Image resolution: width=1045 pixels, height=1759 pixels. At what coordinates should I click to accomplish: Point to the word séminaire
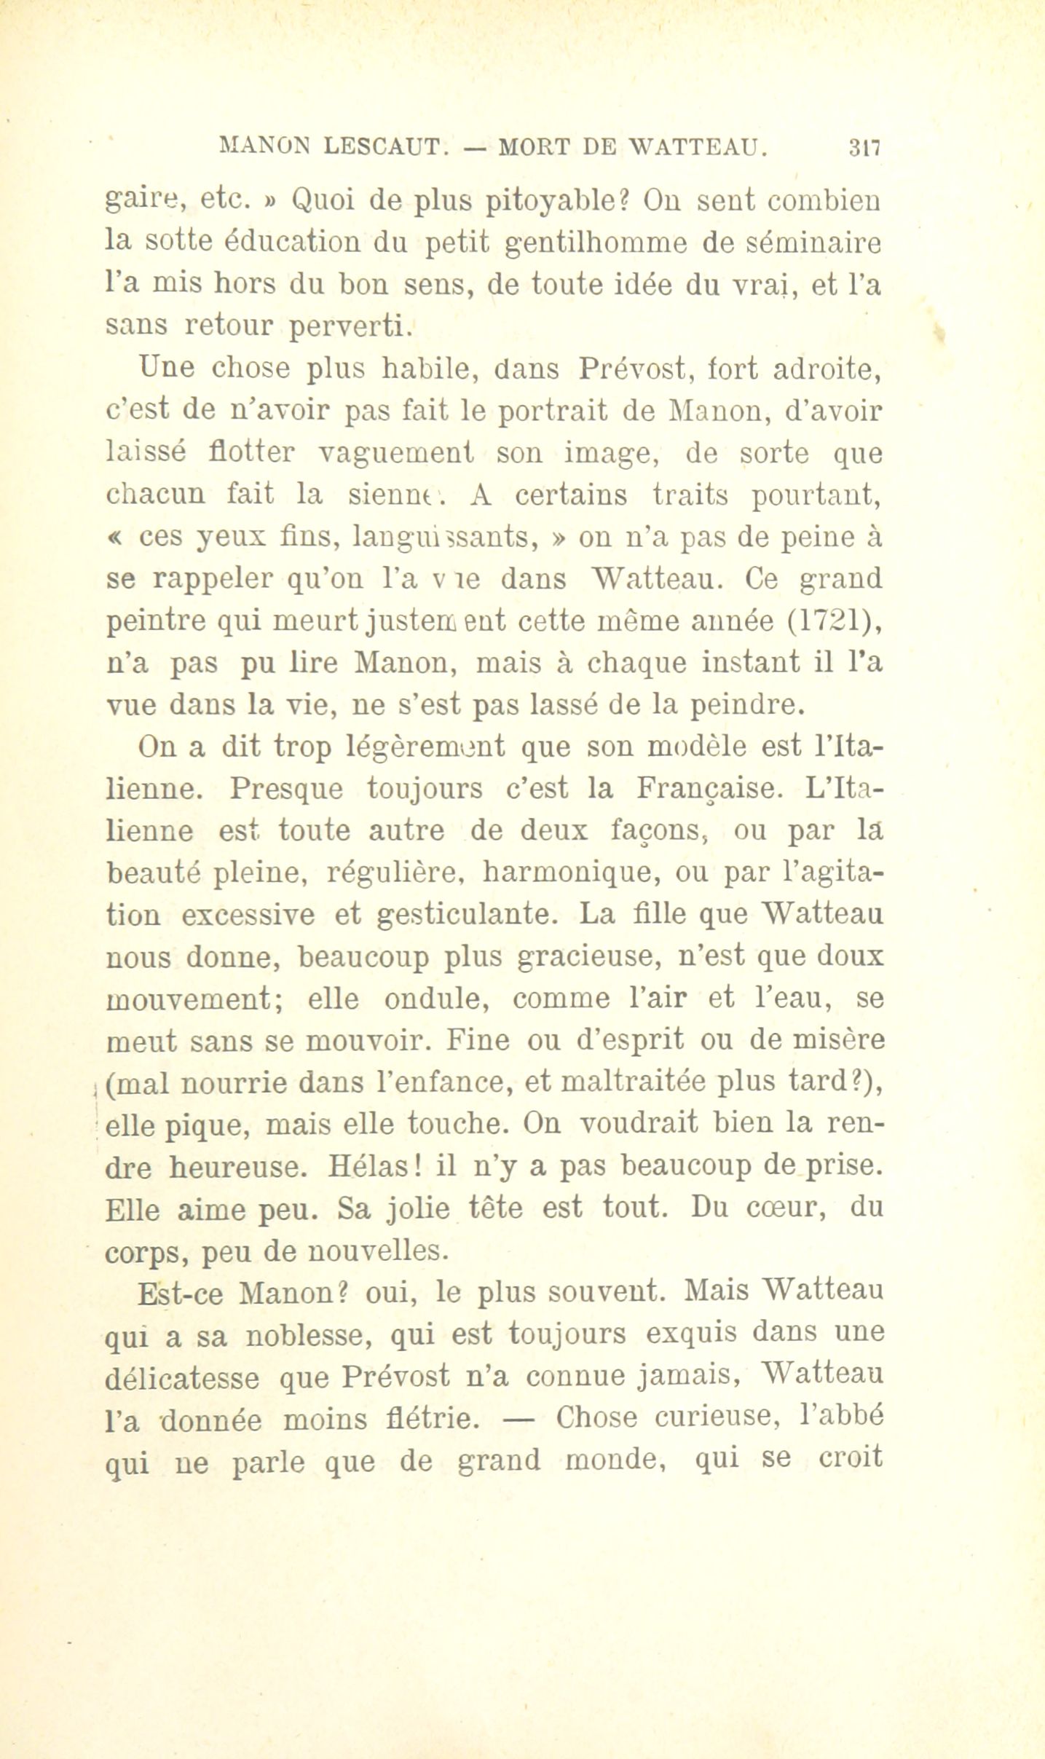[808, 243]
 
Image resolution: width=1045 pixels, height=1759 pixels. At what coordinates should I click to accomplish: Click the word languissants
[444, 538]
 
